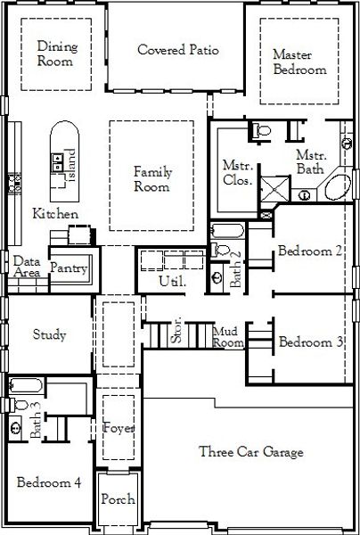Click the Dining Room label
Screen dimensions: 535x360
pyautogui.click(x=57, y=53)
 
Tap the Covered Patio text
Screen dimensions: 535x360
pyautogui.click(x=178, y=50)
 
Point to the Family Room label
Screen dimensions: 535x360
pyautogui.click(x=151, y=179)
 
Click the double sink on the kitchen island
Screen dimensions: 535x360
pyautogui.click(x=58, y=161)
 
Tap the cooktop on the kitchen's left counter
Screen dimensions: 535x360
pyautogui.click(x=12, y=183)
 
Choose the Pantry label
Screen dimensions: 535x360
pyautogui.click(x=67, y=267)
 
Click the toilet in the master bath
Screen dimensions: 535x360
pyautogui.click(x=261, y=132)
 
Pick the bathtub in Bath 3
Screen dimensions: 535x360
pyautogui.click(x=24, y=387)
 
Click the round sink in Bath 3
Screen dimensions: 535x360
pyautogui.click(x=15, y=425)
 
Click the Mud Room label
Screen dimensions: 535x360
pyautogui.click(x=228, y=337)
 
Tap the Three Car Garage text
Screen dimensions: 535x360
pyautogui.click(x=250, y=452)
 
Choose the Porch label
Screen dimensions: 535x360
pyautogui.click(x=117, y=500)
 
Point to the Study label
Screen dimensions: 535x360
pyautogui.click(x=49, y=335)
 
